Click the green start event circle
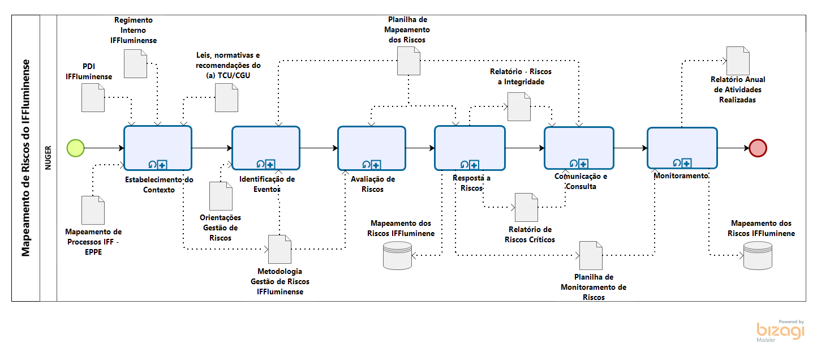pyautogui.click(x=75, y=148)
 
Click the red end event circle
pyautogui.click(x=758, y=148)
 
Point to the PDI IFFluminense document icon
pyautogui.click(x=93, y=97)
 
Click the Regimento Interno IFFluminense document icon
pyautogui.click(x=136, y=63)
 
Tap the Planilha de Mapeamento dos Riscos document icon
pyautogui.click(x=409, y=60)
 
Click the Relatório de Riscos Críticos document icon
pyautogui.click(x=526, y=207)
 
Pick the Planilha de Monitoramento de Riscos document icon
pyautogui.click(x=591, y=255)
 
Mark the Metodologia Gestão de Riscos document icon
pyautogui.click(x=279, y=248)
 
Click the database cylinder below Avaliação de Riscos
pyautogui.click(x=397, y=255)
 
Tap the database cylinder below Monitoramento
pyautogui.click(x=757, y=255)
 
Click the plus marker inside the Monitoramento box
pyautogui.click(x=686, y=163)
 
